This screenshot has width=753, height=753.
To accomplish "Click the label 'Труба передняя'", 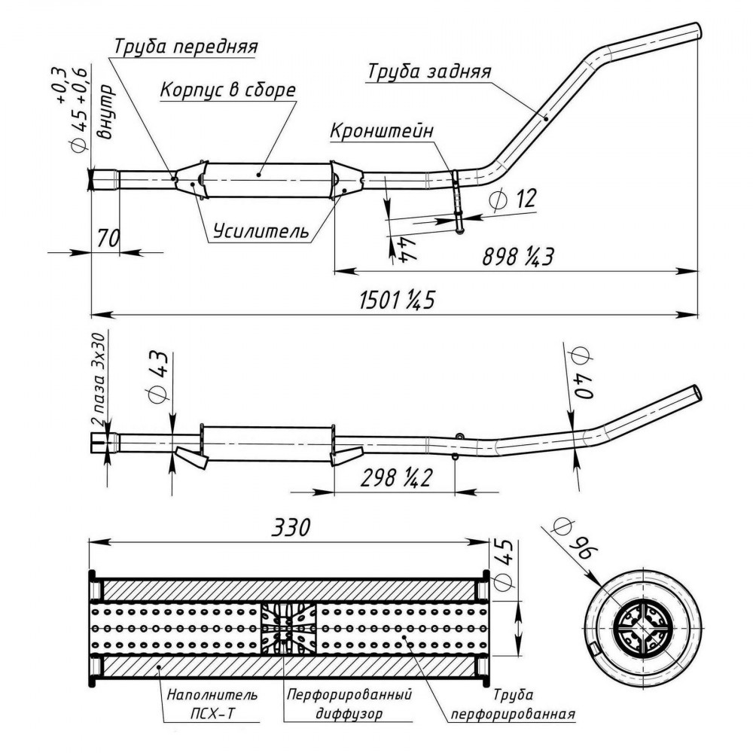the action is (x=186, y=47).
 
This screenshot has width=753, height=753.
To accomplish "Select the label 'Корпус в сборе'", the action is (x=227, y=90).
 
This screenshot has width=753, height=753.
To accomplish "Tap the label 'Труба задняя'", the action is (x=429, y=72).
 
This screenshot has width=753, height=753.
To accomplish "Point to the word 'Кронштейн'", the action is (x=382, y=130).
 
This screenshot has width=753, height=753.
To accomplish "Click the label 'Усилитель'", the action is (x=261, y=231).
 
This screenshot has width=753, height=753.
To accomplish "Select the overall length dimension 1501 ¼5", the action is (x=397, y=300).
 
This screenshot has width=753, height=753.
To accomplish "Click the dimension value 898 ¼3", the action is (x=518, y=257).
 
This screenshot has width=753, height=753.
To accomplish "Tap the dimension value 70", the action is (x=108, y=238).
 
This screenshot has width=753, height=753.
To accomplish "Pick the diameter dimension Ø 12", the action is (x=512, y=198).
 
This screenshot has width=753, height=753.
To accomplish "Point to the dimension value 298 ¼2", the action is (x=396, y=478).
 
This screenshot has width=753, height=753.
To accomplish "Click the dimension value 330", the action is (x=291, y=527).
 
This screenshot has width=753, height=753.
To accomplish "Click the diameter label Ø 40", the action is (x=582, y=373).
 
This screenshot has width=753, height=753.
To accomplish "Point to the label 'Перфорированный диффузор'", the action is (x=349, y=703).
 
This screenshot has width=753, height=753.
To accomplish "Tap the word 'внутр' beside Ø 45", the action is (x=105, y=112).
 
